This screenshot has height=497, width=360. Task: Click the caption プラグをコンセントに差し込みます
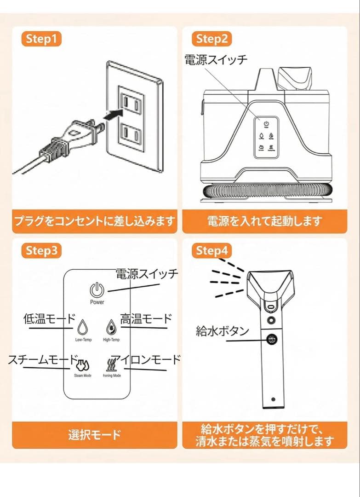tap(94, 221)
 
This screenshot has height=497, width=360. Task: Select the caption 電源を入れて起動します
tap(264, 221)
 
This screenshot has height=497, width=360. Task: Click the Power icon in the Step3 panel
tap(97, 290)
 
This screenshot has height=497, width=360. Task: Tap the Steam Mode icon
tap(83, 364)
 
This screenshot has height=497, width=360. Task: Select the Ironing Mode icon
tap(112, 364)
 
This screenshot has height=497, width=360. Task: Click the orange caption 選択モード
tap(94, 434)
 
